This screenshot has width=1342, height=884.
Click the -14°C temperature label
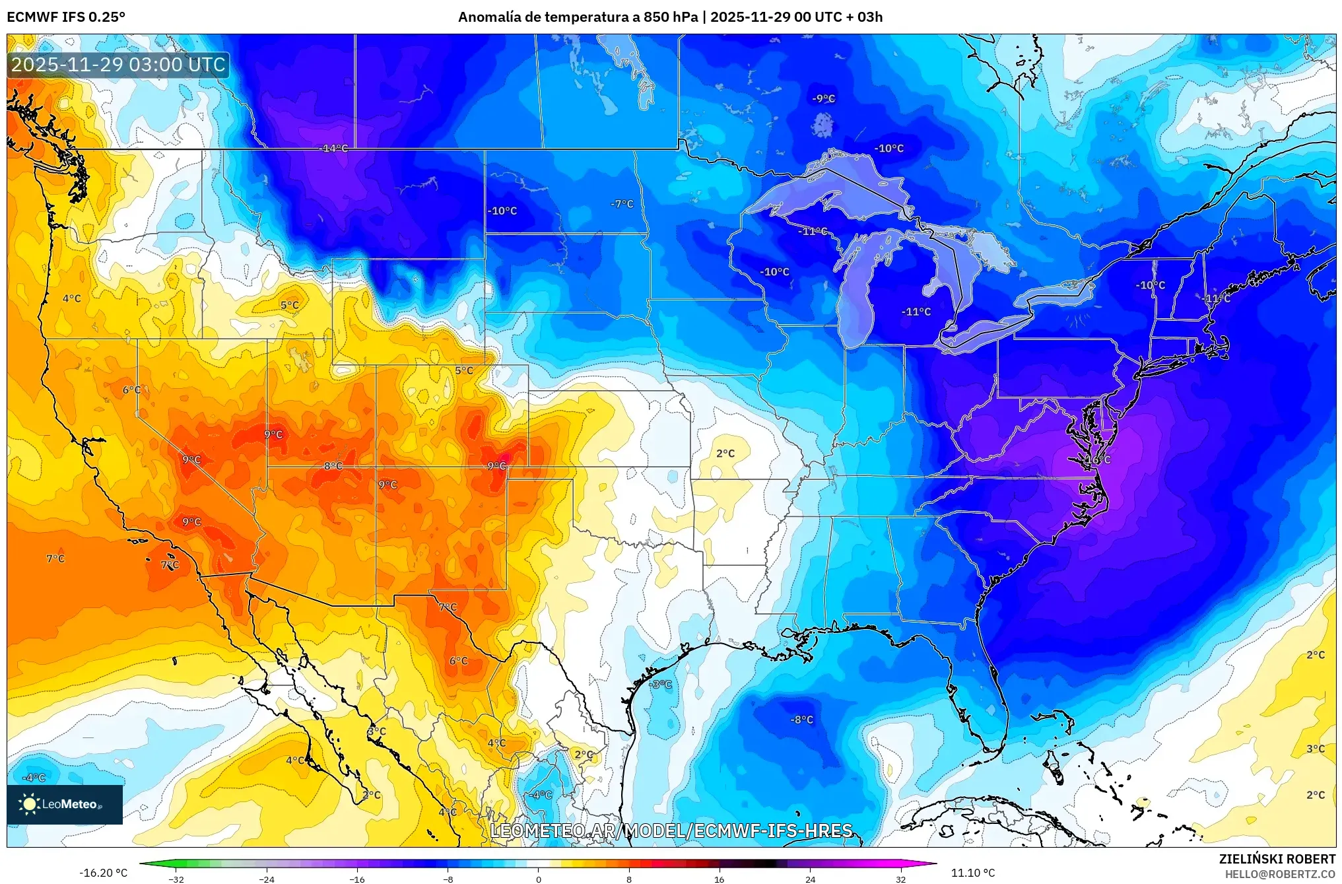[x=334, y=149]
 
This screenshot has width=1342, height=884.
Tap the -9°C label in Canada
[x=824, y=98]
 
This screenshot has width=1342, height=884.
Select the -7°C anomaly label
[x=622, y=204]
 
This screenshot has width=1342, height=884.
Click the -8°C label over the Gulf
[x=802, y=720]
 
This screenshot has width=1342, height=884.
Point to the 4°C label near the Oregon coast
[x=72, y=298]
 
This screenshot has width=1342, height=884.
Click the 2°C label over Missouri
[x=725, y=454]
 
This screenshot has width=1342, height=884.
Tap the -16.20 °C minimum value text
[x=104, y=873]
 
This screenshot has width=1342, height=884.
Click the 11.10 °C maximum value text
[x=973, y=873]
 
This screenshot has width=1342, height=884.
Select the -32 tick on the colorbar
[x=176, y=879]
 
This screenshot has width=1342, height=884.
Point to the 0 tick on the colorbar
[x=539, y=879]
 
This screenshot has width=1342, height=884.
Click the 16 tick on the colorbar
[x=720, y=879]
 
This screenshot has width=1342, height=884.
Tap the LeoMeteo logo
[x=65, y=804]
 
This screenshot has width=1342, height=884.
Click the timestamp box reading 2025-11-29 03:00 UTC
[x=119, y=65]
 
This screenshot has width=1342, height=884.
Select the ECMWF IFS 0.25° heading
[x=66, y=17]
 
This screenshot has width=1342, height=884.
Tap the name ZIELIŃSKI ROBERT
[x=1277, y=859]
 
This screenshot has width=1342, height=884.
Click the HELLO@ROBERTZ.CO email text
[x=1280, y=874]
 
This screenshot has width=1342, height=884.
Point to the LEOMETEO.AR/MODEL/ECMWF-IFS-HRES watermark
[x=671, y=831]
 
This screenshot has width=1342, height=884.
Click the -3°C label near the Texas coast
[x=661, y=684]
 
